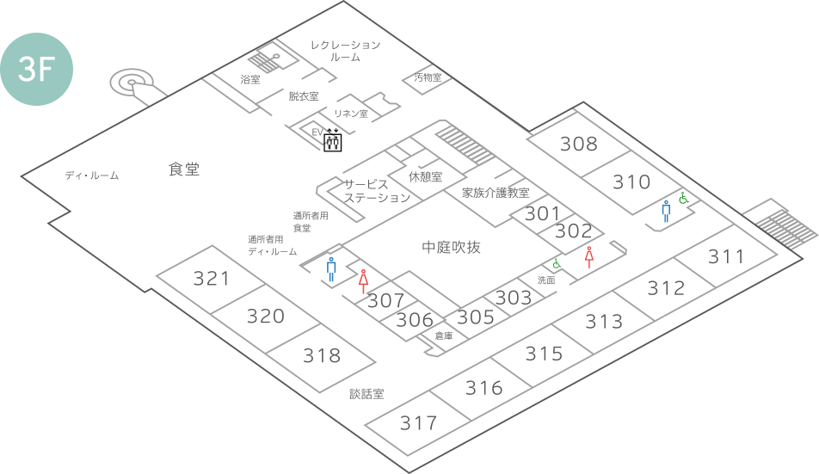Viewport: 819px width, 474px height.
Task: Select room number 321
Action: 212,279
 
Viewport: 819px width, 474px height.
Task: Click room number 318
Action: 322,355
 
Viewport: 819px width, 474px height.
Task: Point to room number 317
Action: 419,423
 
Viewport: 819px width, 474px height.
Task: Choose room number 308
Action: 578,144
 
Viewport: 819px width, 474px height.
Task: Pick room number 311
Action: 726,256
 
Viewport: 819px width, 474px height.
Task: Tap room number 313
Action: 604,322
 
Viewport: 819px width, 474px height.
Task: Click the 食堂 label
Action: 183,169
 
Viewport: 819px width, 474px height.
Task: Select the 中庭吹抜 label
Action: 452,248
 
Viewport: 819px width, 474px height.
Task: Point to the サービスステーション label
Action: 377,191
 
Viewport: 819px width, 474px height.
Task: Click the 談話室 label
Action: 366,394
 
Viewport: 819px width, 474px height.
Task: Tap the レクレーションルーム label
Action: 345,50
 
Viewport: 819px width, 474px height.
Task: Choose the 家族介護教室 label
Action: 495,193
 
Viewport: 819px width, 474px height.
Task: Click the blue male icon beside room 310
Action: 666,212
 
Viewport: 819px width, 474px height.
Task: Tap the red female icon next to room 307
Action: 365,280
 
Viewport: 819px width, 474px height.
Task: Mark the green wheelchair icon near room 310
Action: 684,199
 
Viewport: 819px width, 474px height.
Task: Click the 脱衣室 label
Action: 304,96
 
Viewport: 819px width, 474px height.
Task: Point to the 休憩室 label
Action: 425,176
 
